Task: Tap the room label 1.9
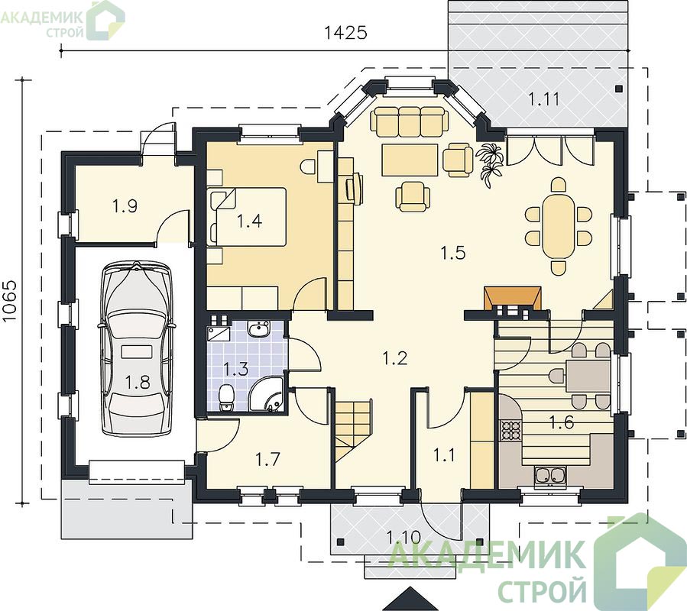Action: click(125, 206)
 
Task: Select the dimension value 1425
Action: click(345, 32)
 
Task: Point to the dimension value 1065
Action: click(10, 301)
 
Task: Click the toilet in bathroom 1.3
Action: click(226, 398)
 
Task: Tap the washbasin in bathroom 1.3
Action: click(259, 328)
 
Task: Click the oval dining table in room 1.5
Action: click(558, 226)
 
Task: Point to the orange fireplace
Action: click(512, 299)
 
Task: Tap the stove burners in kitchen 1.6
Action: click(510, 429)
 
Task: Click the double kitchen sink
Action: click(550, 477)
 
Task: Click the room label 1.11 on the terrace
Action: click(544, 99)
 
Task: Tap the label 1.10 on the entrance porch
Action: click(403, 537)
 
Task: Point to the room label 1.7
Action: click(267, 460)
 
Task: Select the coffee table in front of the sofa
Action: click(410, 160)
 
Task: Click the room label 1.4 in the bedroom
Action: click(249, 221)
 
